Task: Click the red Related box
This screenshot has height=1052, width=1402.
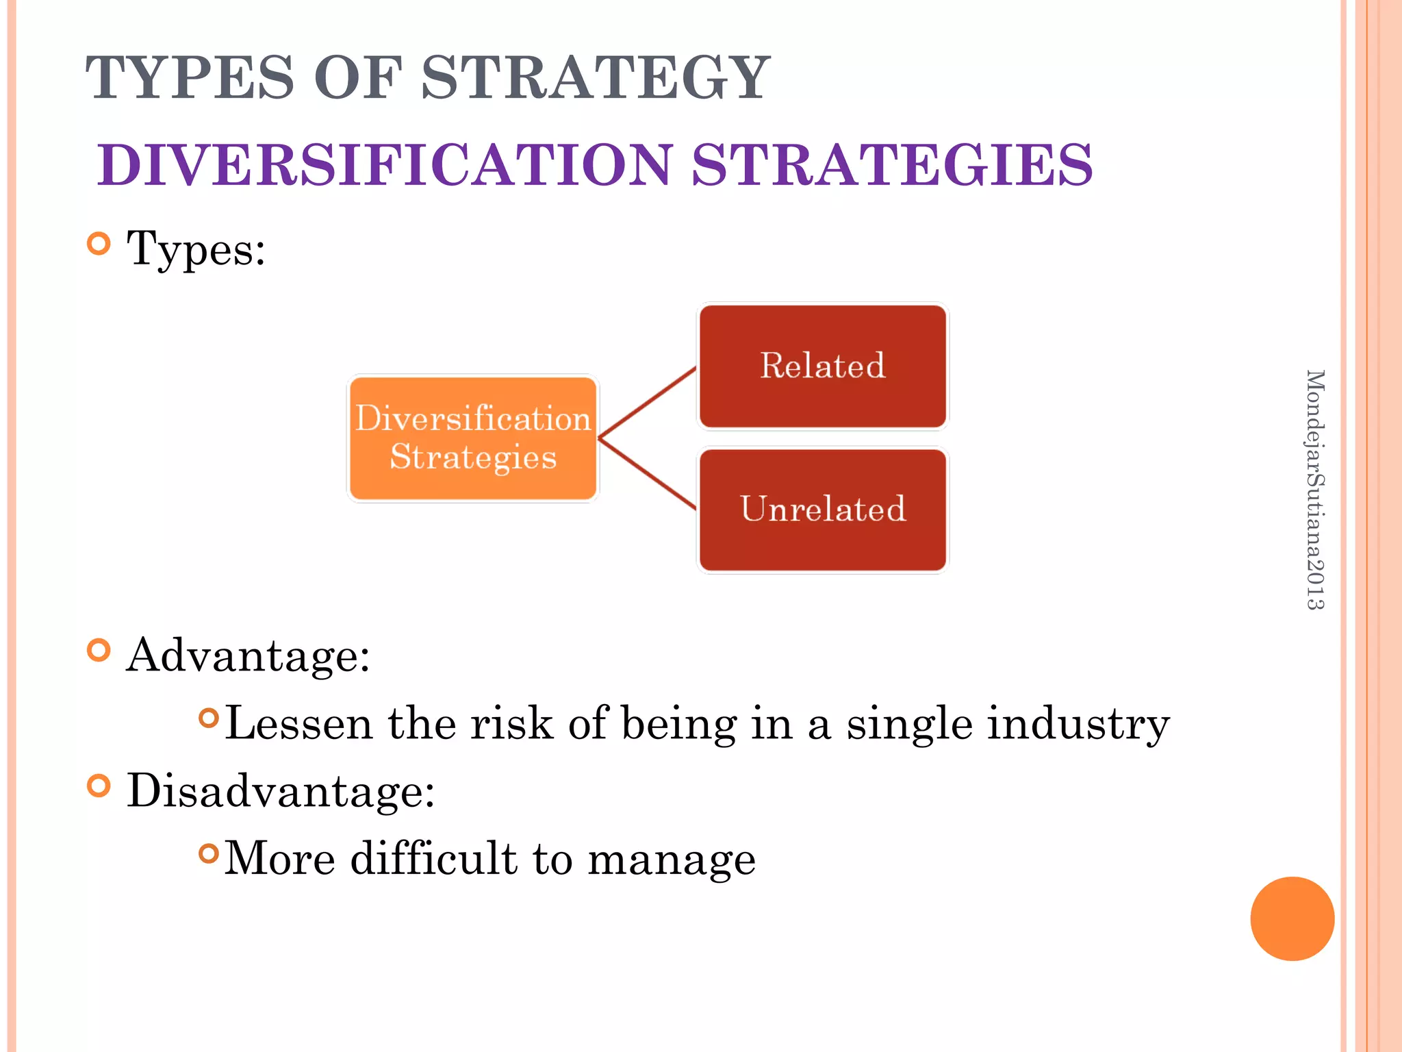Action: point(823,366)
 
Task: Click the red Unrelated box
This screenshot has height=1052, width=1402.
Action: point(823,510)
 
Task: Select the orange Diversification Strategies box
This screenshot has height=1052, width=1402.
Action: point(473,438)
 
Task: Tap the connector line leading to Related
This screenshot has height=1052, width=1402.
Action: point(648,402)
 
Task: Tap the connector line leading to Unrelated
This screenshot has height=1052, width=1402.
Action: point(648,474)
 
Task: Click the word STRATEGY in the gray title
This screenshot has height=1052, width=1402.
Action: point(595,77)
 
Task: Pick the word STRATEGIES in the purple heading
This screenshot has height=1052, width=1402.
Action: point(892,165)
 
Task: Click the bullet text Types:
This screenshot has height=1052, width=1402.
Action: point(196,249)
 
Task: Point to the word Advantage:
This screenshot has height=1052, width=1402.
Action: point(248,655)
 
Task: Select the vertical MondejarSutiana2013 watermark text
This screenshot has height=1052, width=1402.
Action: point(1315,490)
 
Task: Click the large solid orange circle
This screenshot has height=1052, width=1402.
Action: point(1292,918)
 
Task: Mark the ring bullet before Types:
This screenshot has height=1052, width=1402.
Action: point(99,244)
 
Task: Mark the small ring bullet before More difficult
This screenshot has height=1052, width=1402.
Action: point(209,853)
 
